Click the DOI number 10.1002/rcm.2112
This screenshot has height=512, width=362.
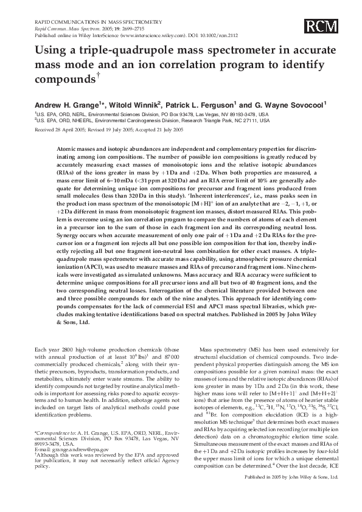coord(218,34)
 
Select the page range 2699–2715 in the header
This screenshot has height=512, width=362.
coord(111,28)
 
